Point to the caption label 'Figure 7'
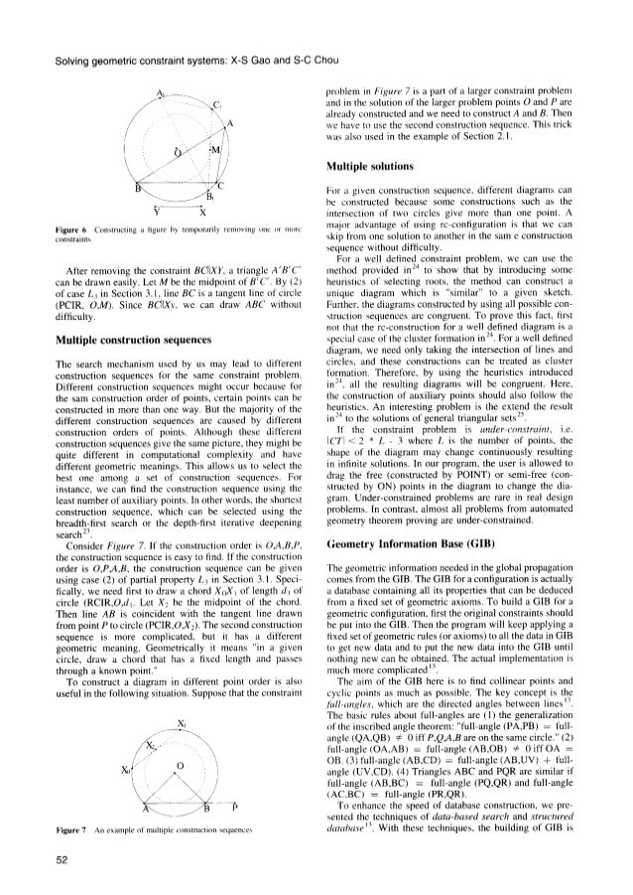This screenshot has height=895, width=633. click(49, 823)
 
